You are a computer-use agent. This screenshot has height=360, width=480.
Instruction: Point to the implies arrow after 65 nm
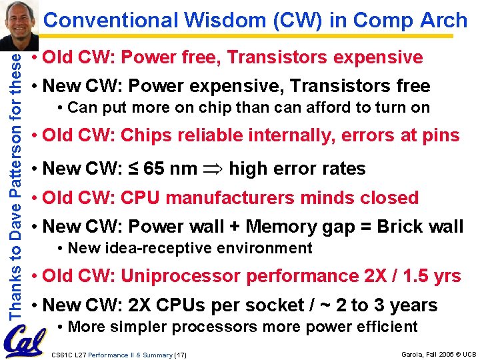(x=212, y=169)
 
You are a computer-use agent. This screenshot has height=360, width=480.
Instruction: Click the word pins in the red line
(x=440, y=135)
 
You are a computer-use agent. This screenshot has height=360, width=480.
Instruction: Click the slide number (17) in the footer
(x=181, y=355)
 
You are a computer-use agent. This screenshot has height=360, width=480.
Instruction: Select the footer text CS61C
(x=61, y=355)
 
